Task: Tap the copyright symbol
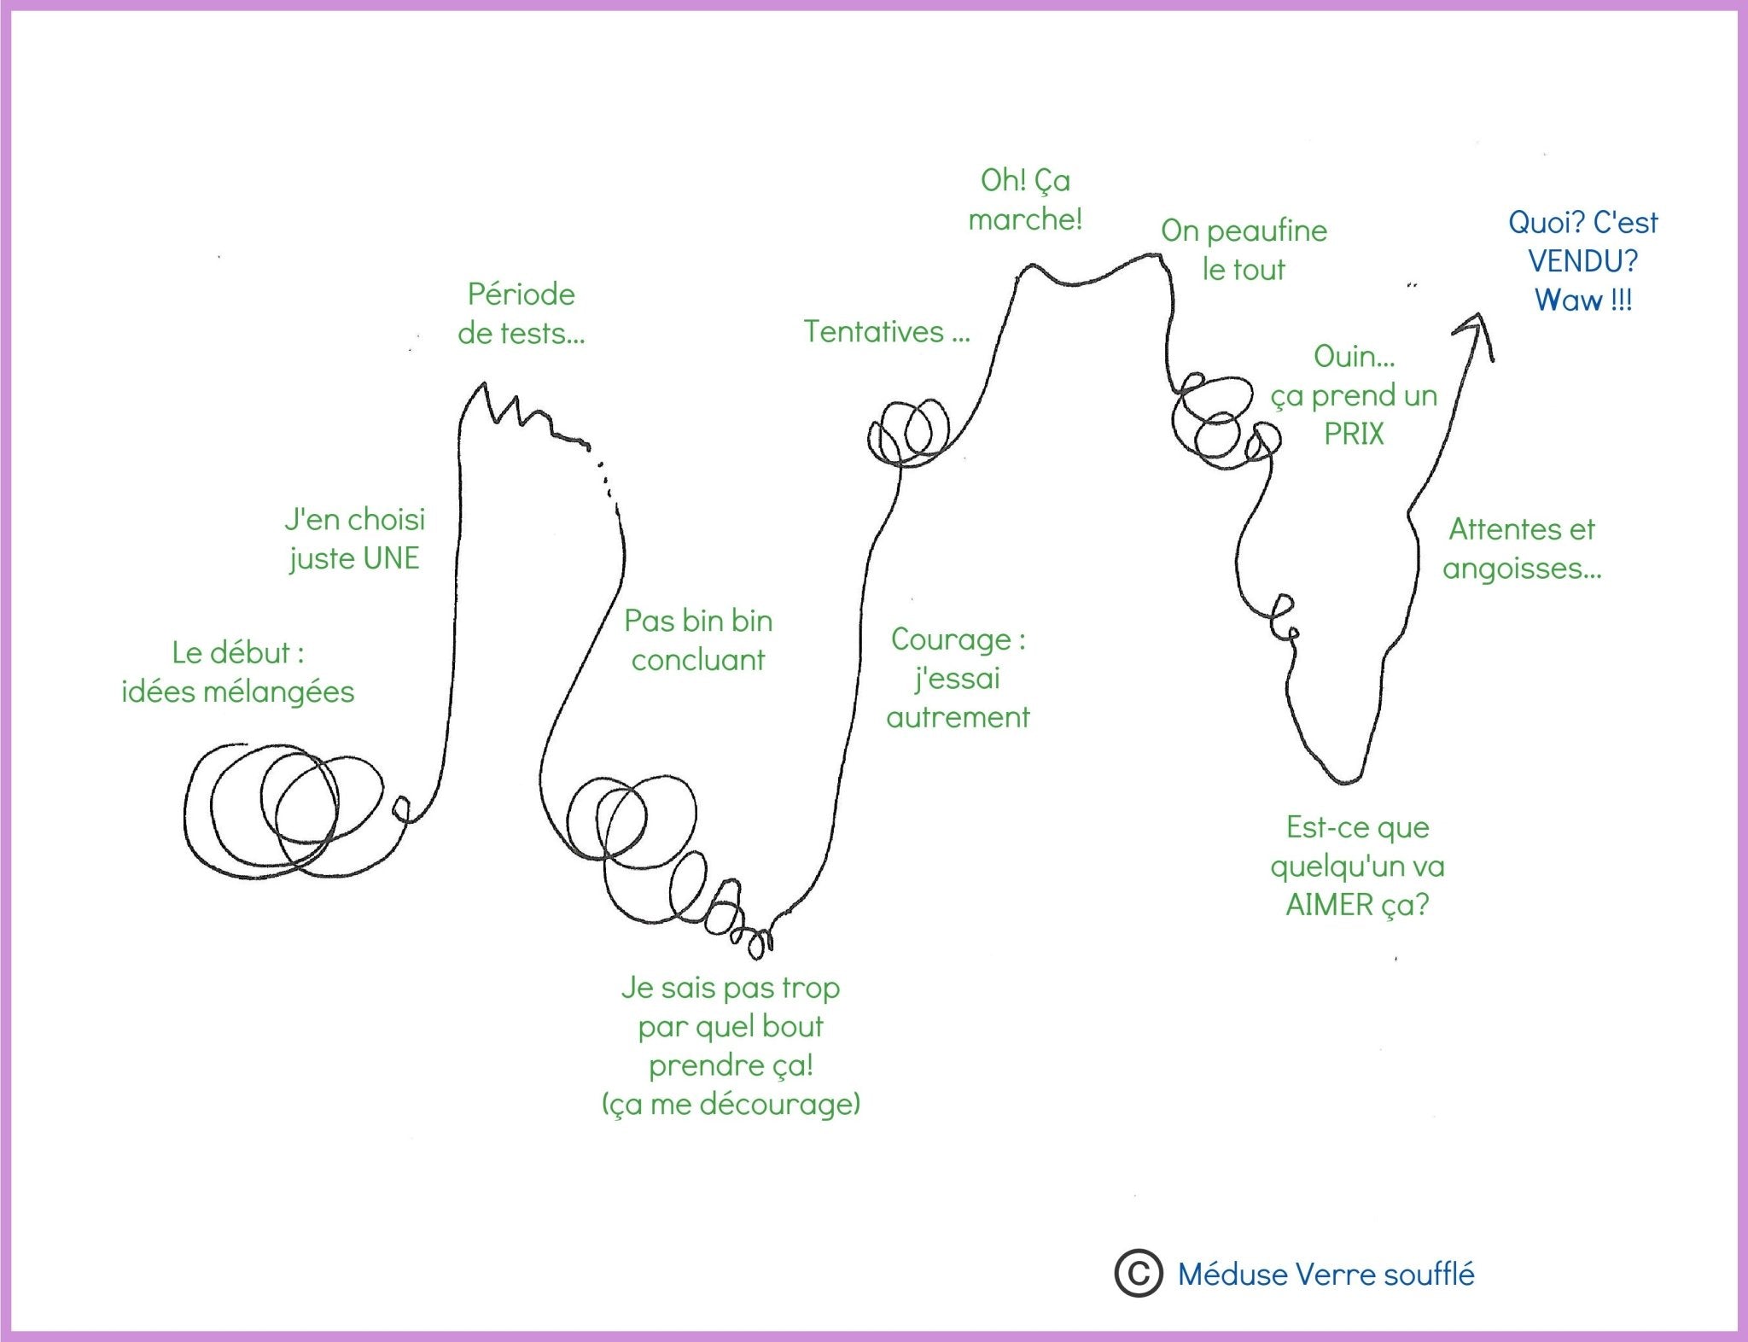tap(1138, 1274)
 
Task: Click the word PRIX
tap(1354, 434)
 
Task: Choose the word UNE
tap(392, 558)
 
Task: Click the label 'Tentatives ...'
tap(887, 331)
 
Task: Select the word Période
tap(521, 295)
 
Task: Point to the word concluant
tap(698, 660)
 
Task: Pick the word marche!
tap(1025, 219)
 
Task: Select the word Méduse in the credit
tap(1232, 1274)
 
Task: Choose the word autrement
tap(958, 717)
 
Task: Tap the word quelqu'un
tap(1337, 867)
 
